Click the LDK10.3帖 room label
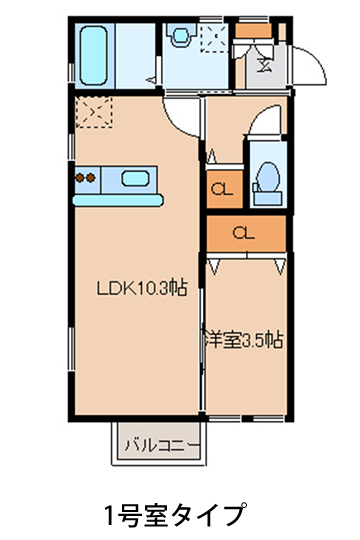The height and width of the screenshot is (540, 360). tap(142, 288)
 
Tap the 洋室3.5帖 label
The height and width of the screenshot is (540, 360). tap(244, 340)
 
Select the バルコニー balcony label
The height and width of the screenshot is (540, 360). tap(162, 446)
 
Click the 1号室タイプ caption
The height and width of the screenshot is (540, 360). tap(176, 515)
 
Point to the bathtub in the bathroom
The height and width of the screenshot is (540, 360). tap(93, 55)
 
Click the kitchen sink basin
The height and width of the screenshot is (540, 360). tap(135, 179)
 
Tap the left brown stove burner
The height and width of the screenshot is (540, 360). tap(80, 178)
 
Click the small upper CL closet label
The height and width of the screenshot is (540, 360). tap(222, 189)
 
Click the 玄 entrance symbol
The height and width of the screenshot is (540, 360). tap(265, 64)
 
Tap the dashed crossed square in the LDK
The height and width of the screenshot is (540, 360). tap(94, 112)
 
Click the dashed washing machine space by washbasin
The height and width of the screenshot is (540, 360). tap(214, 38)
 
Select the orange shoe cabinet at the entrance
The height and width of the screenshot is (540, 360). tap(254, 31)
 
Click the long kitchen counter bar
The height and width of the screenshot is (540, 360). tap(118, 200)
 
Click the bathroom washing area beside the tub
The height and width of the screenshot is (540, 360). tap(135, 55)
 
